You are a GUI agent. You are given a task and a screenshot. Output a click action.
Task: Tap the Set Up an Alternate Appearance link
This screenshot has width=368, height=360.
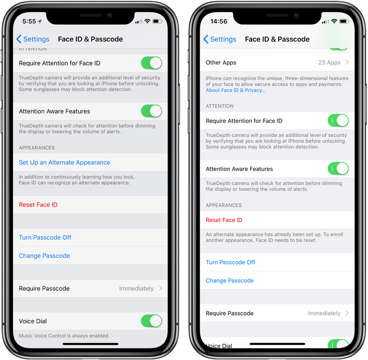point(64,162)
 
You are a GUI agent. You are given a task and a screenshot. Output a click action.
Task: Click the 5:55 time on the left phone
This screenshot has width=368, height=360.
point(29,21)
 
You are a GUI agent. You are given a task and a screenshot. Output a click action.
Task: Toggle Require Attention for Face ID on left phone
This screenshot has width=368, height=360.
point(151,63)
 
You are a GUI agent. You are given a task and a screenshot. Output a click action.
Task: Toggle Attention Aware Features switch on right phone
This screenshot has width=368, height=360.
point(338,168)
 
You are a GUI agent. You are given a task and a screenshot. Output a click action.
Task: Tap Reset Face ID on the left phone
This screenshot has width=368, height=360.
point(38,204)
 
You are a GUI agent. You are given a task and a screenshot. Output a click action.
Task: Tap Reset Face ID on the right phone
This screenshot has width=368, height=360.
point(224,220)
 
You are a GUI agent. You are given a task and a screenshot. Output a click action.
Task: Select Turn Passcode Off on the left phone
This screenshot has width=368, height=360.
point(45,238)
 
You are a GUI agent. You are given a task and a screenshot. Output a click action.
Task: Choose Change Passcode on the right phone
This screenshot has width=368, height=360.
point(230,280)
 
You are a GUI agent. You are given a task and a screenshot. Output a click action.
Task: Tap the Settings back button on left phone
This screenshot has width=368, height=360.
point(33,39)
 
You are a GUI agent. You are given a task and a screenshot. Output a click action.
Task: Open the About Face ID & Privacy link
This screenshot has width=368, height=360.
point(235,90)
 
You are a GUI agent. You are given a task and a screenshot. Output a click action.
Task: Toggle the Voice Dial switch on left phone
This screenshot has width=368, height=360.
point(151,321)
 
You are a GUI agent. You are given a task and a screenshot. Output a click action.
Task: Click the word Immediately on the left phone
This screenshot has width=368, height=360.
point(136,289)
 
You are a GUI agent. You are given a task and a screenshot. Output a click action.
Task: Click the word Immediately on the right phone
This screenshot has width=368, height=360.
point(324,313)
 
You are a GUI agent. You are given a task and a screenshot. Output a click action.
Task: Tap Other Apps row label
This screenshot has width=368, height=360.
point(221,63)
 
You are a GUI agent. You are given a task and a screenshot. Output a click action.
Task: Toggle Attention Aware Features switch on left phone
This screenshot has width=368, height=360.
point(151,111)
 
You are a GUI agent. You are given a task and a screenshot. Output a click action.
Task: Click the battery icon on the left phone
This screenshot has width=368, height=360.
point(158,21)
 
